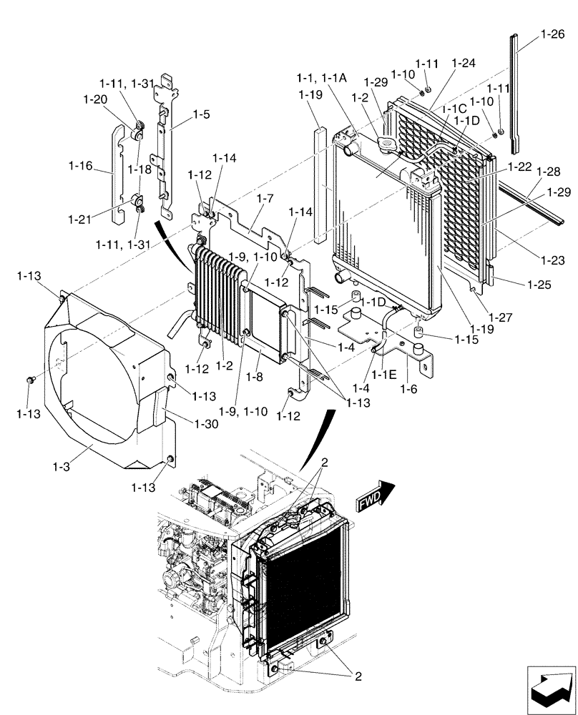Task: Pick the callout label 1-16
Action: click(x=80, y=166)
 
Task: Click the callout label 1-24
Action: click(x=464, y=63)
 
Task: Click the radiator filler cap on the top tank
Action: click(x=385, y=146)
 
